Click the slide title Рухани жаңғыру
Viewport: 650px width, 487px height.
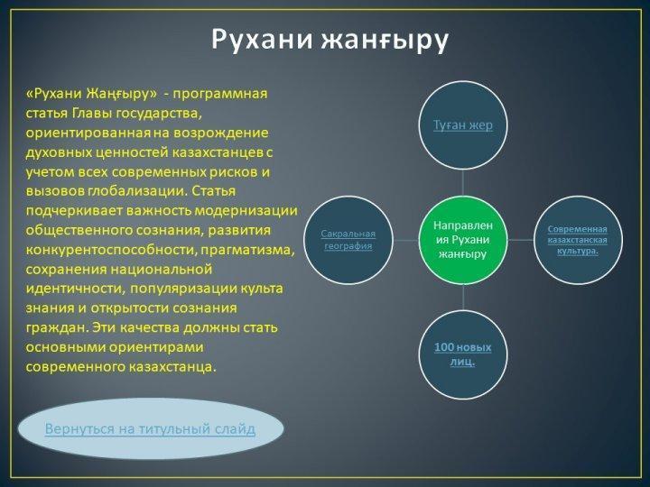coord(330,41)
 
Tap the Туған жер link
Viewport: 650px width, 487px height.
coord(463,124)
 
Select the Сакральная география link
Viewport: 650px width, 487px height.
coord(348,240)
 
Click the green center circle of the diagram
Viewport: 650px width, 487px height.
coord(463,240)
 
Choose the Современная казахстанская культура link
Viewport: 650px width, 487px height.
coord(578,240)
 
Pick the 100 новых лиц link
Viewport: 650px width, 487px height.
coord(462,354)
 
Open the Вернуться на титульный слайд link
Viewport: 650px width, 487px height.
coord(150,428)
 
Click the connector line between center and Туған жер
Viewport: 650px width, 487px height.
coord(463,182)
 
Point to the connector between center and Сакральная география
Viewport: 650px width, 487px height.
coord(405,240)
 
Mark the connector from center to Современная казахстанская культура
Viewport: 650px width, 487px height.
coord(521,240)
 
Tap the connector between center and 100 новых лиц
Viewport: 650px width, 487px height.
coord(463,297)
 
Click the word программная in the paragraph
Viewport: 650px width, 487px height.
coord(220,94)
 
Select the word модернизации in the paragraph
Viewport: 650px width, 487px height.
coord(246,211)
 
